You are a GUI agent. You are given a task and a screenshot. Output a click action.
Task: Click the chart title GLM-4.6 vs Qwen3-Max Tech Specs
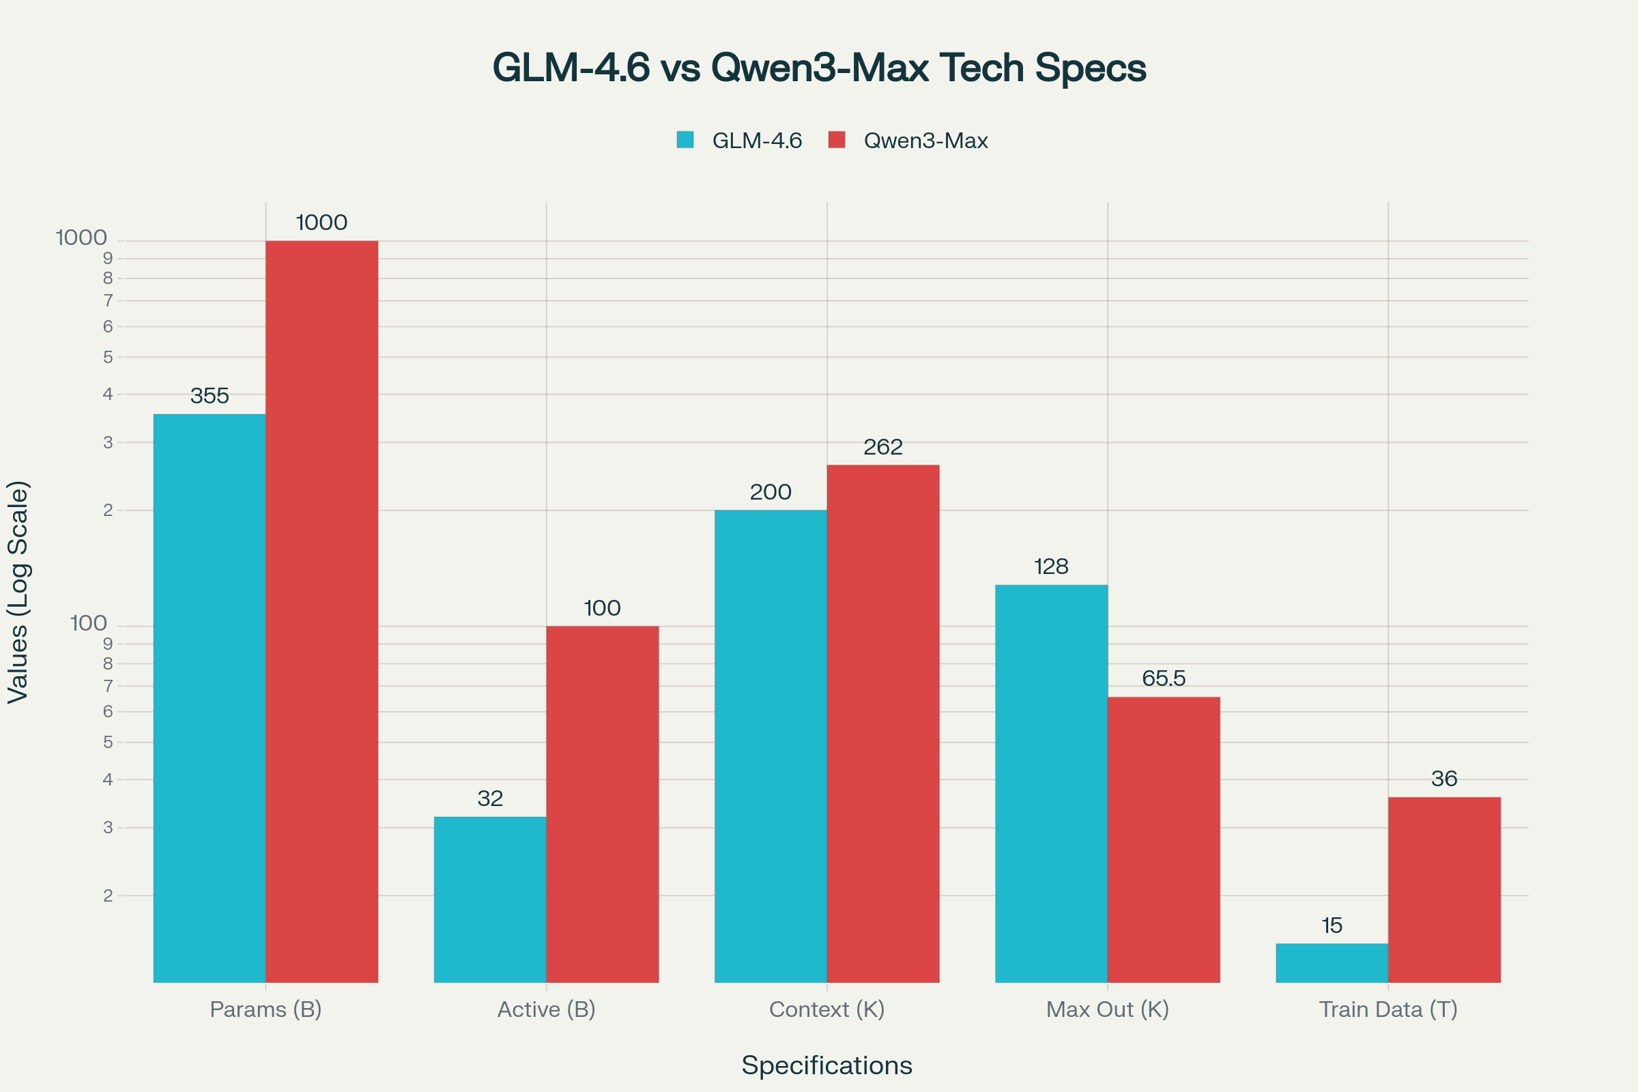tap(819, 68)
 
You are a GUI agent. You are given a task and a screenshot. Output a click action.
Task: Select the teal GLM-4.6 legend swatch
tap(685, 140)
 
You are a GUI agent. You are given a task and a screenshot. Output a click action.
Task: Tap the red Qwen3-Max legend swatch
tap(837, 140)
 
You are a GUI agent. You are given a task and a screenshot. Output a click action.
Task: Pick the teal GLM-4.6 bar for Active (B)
tap(489, 899)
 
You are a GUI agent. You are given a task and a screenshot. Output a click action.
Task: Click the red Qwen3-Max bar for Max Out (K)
tap(1164, 839)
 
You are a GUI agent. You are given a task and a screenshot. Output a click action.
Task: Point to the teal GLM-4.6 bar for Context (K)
tap(771, 746)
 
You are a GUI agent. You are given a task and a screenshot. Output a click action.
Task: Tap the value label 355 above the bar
tap(210, 397)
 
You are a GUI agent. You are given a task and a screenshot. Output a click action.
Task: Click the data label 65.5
tap(1164, 678)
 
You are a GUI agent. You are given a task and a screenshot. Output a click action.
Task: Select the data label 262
tap(883, 447)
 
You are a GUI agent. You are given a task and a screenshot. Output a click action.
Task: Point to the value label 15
tap(1332, 925)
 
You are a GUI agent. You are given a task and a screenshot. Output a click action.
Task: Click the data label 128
tap(1051, 567)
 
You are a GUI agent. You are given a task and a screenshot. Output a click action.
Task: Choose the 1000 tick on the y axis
tap(81, 238)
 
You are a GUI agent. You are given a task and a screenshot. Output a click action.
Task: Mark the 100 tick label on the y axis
tap(89, 623)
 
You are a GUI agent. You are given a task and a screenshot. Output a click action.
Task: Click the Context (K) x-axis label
tap(827, 1009)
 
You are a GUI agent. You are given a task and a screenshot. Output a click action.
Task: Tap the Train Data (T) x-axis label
tap(1388, 1009)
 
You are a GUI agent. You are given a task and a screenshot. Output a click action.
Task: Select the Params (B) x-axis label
tap(265, 1009)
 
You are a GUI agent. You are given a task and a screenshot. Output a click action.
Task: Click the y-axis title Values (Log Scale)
tap(18, 592)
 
